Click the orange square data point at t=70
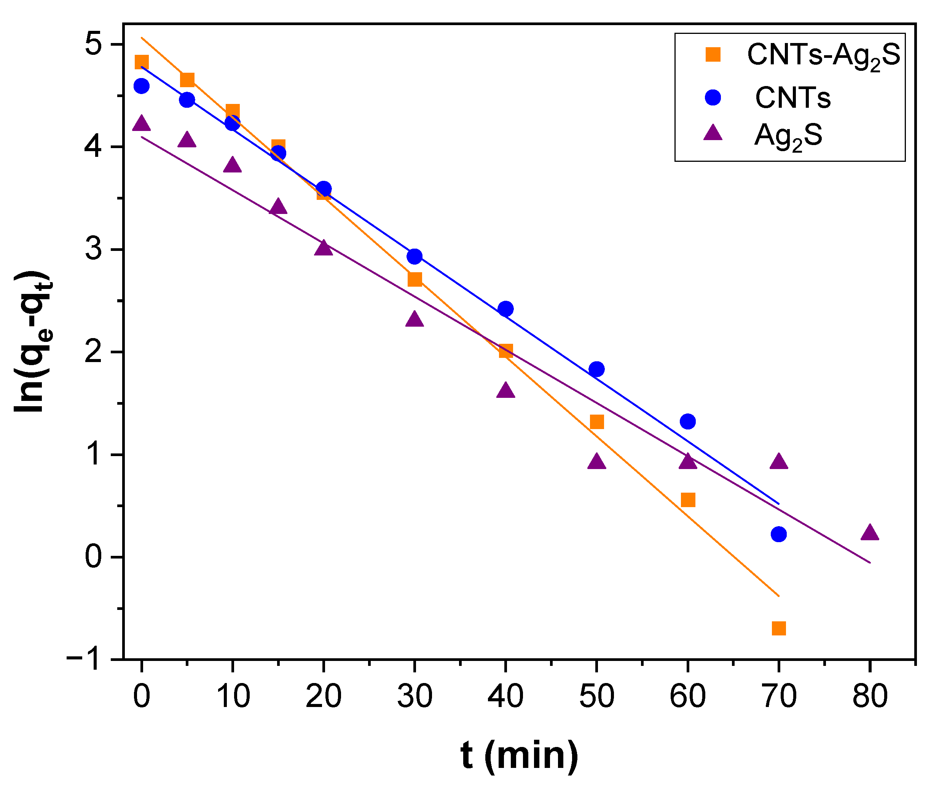click(779, 628)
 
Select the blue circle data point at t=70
click(779, 534)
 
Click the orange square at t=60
click(688, 500)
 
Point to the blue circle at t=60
click(688, 421)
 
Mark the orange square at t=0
click(142, 62)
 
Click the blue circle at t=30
click(414, 256)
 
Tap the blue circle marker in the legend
click(713, 97)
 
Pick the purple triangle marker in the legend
click(713, 133)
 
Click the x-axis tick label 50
click(596, 696)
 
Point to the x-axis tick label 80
click(870, 696)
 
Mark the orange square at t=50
click(597, 422)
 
